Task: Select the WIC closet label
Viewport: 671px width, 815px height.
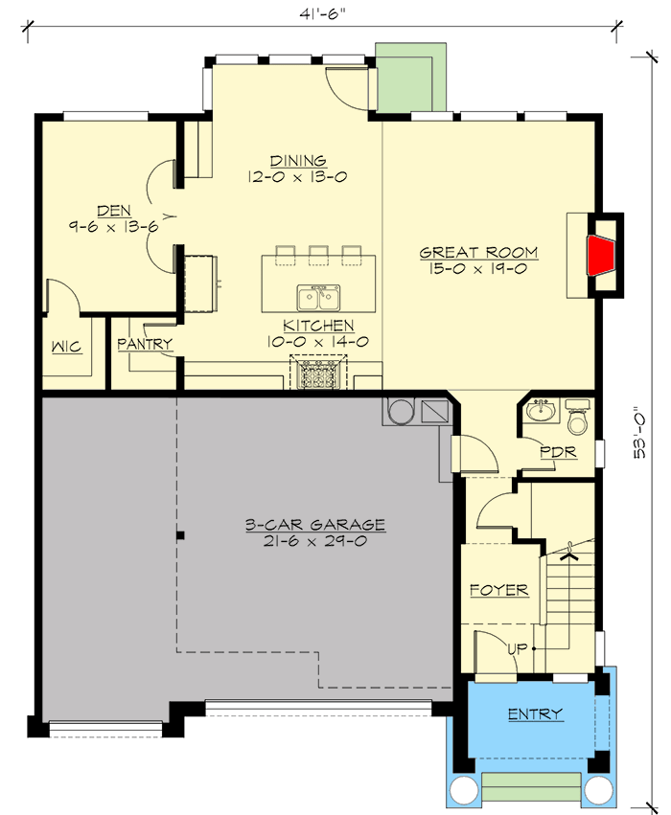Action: pyautogui.click(x=66, y=347)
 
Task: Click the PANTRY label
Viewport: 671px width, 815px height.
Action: pyautogui.click(x=145, y=344)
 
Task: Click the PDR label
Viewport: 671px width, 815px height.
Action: pyautogui.click(x=557, y=451)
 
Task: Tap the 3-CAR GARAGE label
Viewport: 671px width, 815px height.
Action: pyautogui.click(x=314, y=524)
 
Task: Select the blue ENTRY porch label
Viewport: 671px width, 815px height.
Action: pyautogui.click(x=535, y=714)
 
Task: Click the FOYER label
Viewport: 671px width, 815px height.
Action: pyautogui.click(x=498, y=590)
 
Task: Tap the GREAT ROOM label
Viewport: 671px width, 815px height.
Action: pyautogui.click(x=478, y=253)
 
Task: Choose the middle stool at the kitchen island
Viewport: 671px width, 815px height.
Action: pyautogui.click(x=319, y=254)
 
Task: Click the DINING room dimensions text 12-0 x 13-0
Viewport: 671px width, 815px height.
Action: pyautogui.click(x=297, y=177)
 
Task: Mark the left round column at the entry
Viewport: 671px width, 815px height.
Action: pyautogui.click(x=464, y=790)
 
